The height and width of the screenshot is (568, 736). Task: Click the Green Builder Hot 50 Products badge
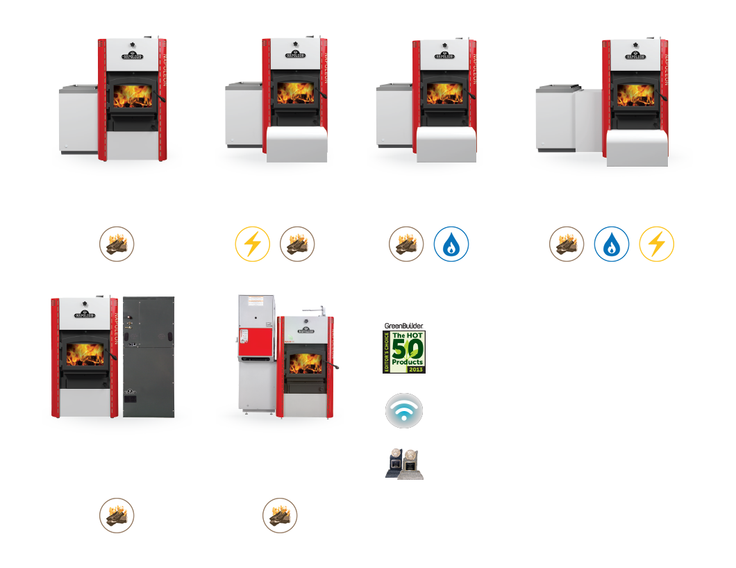click(404, 351)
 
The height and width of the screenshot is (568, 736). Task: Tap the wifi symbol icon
click(404, 410)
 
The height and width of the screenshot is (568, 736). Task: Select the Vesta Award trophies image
click(404, 463)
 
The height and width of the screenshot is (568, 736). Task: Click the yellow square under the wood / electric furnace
click(252, 244)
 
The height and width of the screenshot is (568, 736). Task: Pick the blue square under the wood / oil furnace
click(451, 244)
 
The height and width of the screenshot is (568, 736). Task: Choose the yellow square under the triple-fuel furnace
click(656, 244)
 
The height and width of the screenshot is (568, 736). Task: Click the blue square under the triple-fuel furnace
click(612, 244)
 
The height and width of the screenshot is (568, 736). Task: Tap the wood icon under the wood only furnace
click(117, 244)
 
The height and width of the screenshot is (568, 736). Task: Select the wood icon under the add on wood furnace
click(117, 515)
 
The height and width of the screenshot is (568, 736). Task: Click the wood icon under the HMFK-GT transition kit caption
click(280, 515)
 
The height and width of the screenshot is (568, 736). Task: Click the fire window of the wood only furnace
click(135, 97)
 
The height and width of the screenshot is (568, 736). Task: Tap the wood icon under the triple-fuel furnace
click(567, 244)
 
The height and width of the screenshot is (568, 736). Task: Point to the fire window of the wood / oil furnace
click(444, 95)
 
